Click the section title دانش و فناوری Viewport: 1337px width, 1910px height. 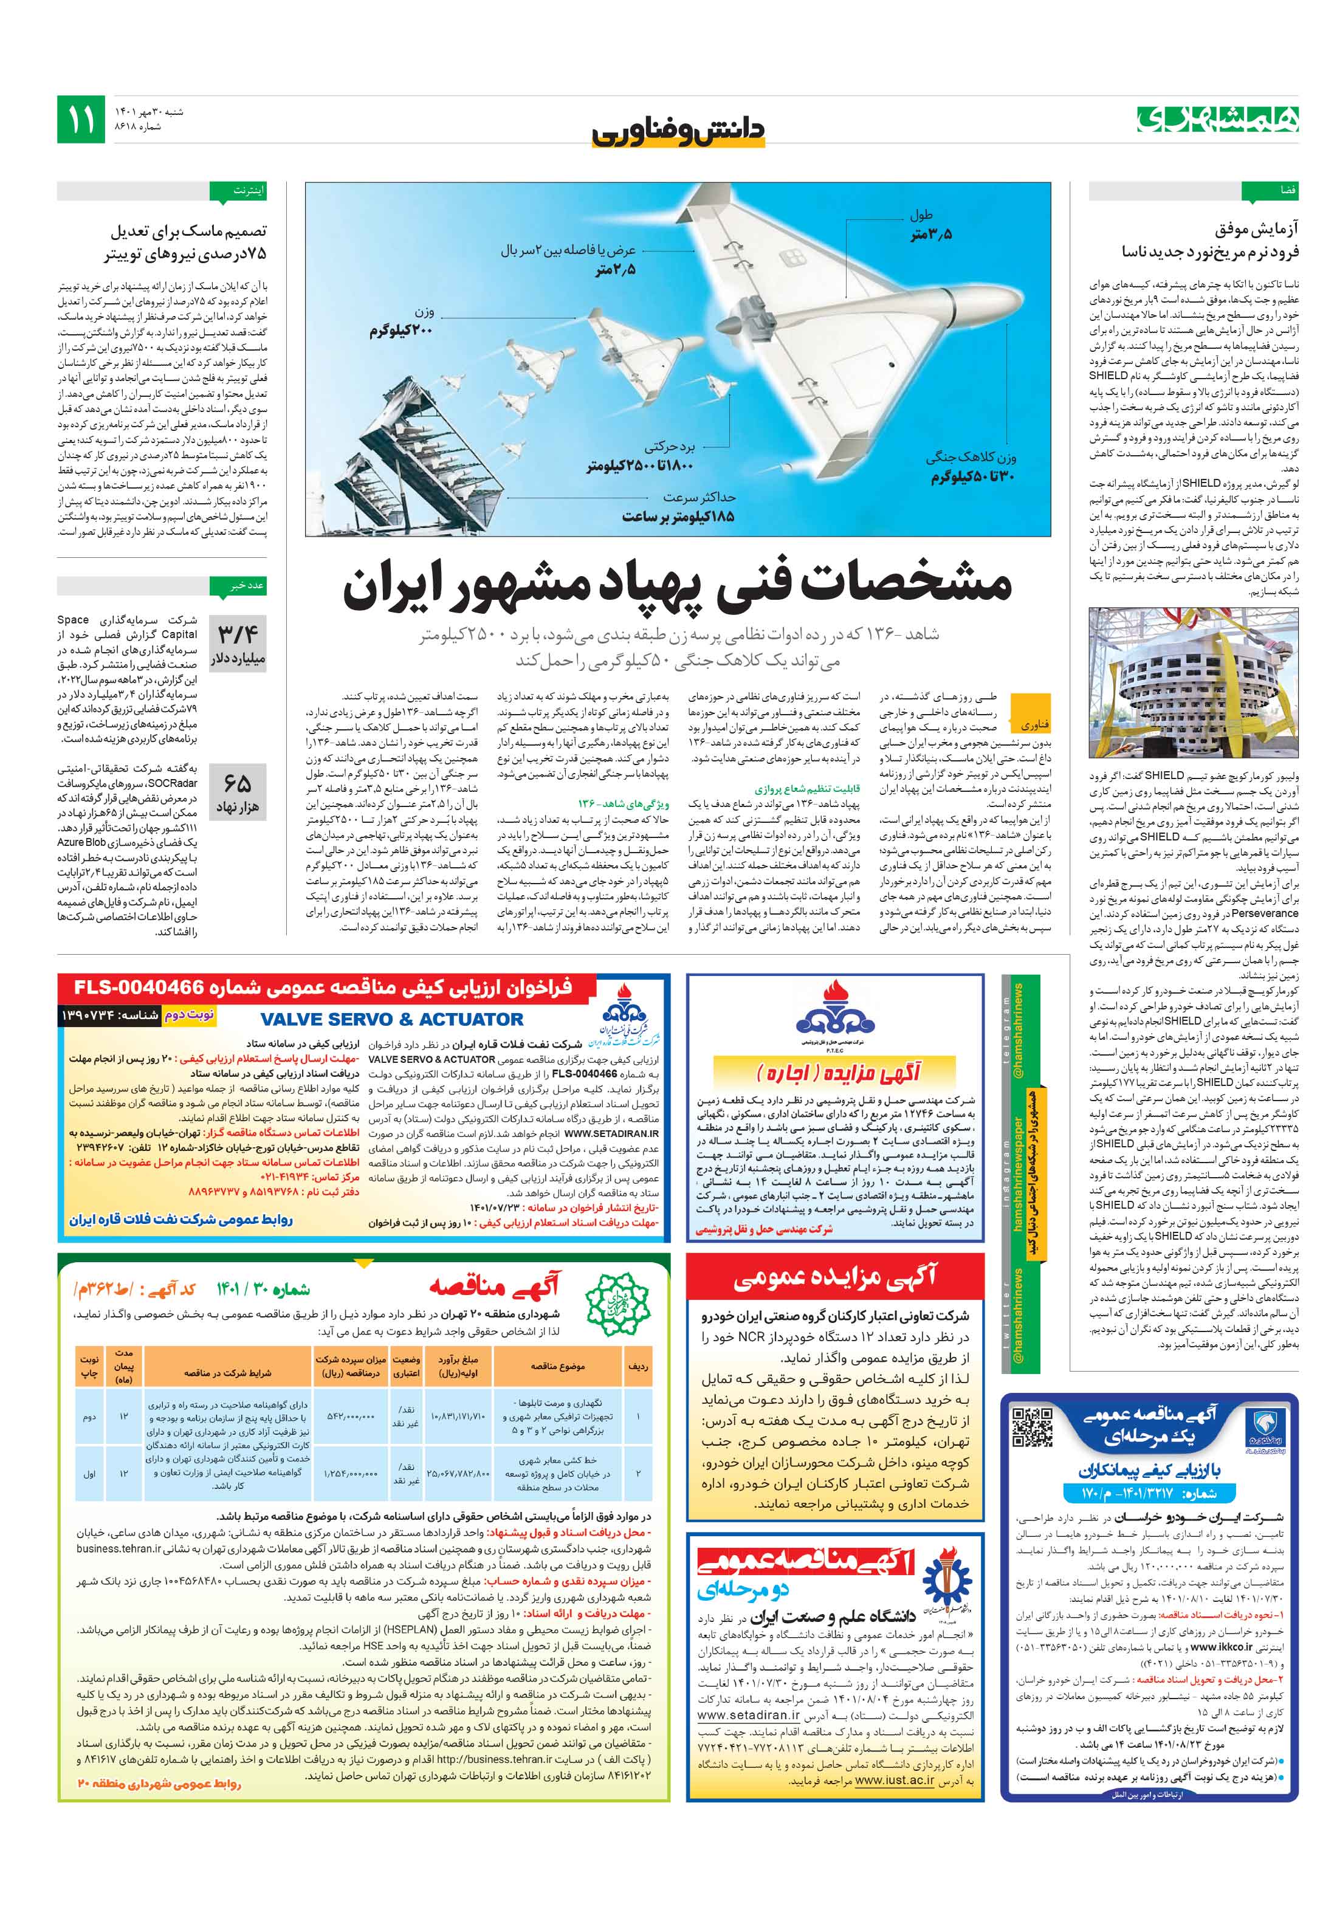pyautogui.click(x=677, y=131)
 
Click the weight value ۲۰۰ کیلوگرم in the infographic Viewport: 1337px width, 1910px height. pyautogui.click(x=401, y=330)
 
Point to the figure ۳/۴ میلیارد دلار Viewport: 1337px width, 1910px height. pyautogui.click(x=238, y=645)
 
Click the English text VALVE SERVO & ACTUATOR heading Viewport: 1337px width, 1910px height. pyautogui.click(x=391, y=1019)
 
